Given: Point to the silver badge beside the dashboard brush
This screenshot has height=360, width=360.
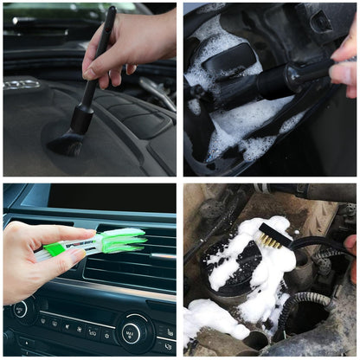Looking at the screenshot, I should coord(22,84).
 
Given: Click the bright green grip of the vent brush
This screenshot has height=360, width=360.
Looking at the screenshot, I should coord(56,249).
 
